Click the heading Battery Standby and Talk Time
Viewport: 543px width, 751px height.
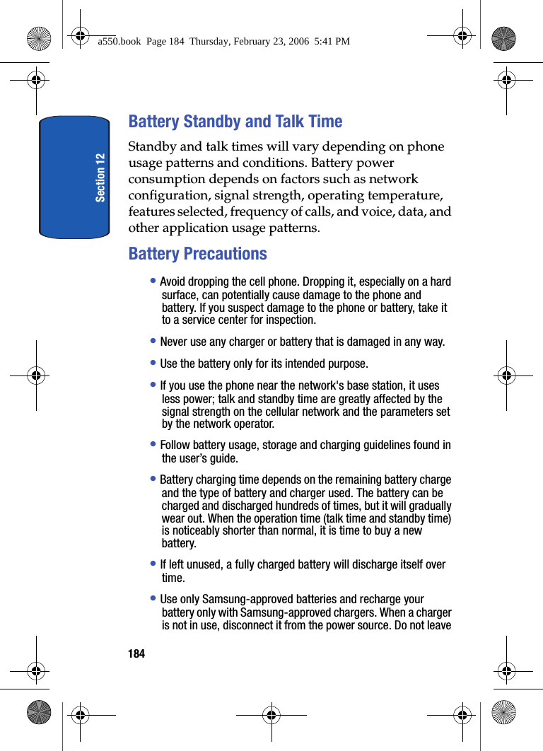235,122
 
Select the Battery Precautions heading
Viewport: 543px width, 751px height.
198,254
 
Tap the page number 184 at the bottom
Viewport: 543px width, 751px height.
136,654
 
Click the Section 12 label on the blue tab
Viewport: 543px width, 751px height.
100,177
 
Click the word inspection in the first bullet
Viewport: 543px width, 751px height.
291,320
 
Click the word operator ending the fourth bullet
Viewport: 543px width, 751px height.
254,424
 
